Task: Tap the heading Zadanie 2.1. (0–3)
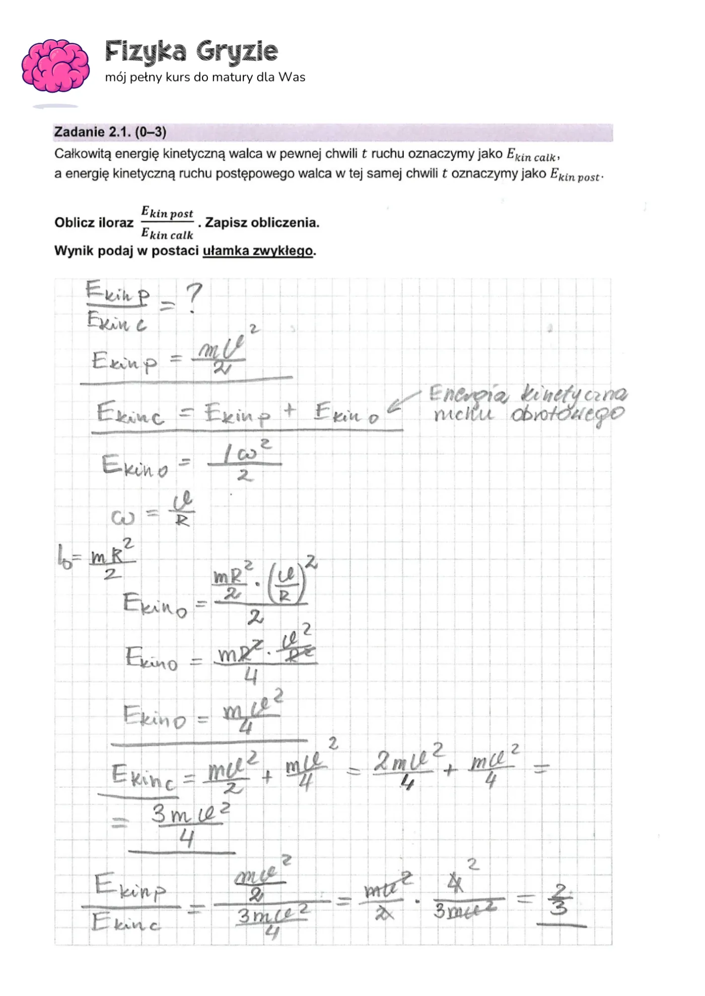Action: tap(110, 132)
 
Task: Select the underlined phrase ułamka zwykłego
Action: tap(258, 251)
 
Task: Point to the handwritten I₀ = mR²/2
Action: tap(96, 558)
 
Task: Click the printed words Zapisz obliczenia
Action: tap(262, 222)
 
